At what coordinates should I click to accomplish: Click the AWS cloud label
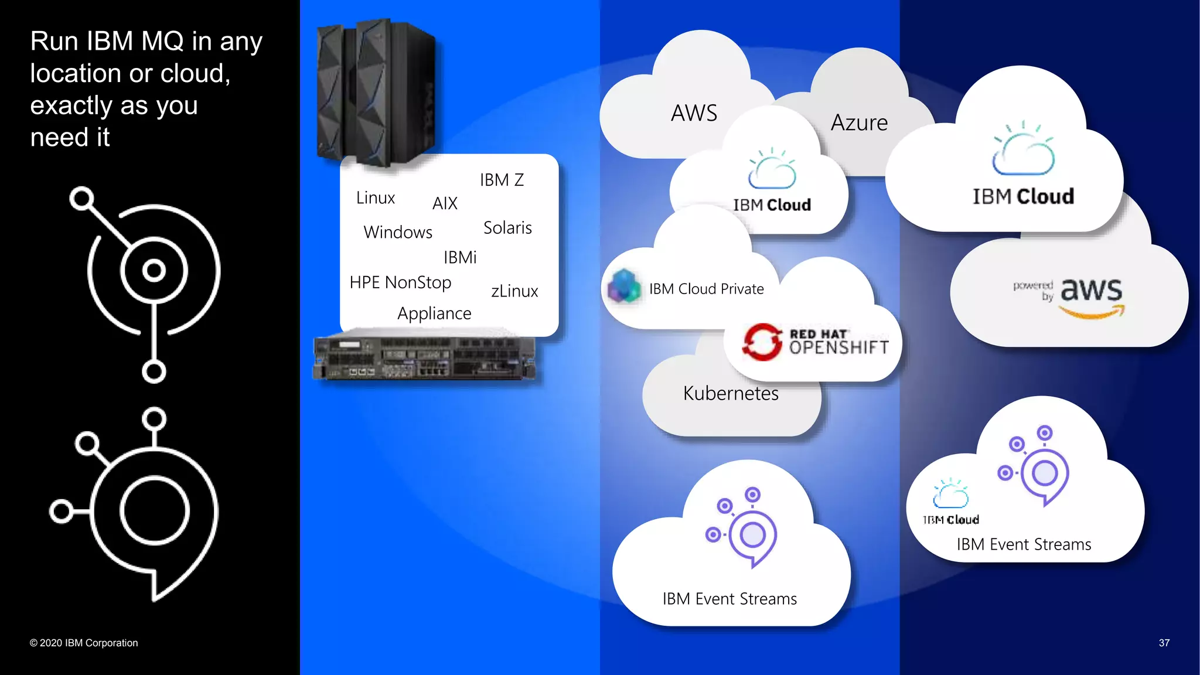click(x=694, y=113)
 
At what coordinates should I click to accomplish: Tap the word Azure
click(x=859, y=123)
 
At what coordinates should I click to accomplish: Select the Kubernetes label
click(x=731, y=393)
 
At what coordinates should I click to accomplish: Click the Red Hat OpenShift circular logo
click(x=762, y=342)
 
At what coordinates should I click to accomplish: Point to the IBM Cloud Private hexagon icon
click(x=624, y=287)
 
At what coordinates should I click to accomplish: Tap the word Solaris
click(x=507, y=228)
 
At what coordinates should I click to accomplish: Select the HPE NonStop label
click(x=400, y=282)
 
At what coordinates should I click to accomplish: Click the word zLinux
click(x=514, y=291)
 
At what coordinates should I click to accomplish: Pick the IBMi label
click(x=460, y=257)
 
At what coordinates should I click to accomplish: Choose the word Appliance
click(x=434, y=313)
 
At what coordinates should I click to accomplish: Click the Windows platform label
click(x=398, y=232)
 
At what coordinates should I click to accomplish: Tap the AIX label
click(x=445, y=203)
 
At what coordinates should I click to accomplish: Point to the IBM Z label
click(x=502, y=180)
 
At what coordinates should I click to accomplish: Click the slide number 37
click(x=1164, y=643)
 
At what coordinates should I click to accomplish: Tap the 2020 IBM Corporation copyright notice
click(x=84, y=643)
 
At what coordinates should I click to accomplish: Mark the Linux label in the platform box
click(x=376, y=198)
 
